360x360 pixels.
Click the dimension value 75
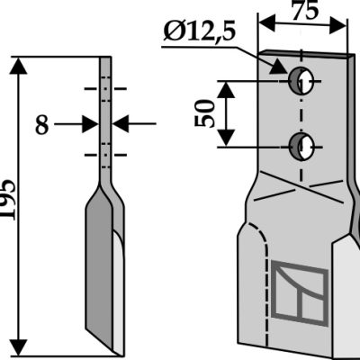click(304, 11)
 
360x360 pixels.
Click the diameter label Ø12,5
click(199, 31)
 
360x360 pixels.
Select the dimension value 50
click(205, 114)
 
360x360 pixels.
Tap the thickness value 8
click(41, 125)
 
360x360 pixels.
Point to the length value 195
click(6, 200)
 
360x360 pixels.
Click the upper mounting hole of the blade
click(301, 81)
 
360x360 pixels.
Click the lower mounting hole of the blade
click(301, 147)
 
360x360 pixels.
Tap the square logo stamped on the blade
click(300, 294)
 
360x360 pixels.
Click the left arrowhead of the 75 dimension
click(266, 24)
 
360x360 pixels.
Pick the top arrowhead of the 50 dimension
click(226, 90)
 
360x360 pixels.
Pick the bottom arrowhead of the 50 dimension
click(227, 138)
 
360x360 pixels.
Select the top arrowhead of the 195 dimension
click(19, 66)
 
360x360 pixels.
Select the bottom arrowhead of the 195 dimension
click(19, 347)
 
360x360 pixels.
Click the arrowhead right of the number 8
click(90, 124)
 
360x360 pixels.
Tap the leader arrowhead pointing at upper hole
click(278, 67)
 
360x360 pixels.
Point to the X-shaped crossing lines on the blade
click(299, 187)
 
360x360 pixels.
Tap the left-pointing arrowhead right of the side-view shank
click(121, 123)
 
